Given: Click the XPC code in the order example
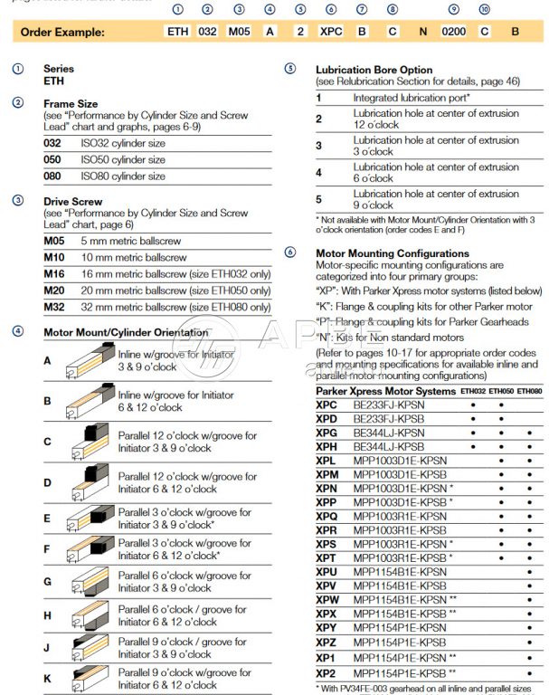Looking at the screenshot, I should pyautogui.click(x=331, y=31).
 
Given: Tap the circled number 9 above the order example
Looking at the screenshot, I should pyautogui.click(x=452, y=9).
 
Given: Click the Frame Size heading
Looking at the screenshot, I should pyautogui.click(x=71, y=104).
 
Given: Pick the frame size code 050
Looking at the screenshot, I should pyautogui.click(x=54, y=160).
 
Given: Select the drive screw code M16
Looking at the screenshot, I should pyautogui.click(x=56, y=274).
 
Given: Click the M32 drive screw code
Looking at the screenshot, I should pyautogui.click(x=56, y=307).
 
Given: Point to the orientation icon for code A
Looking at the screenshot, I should pyautogui.click(x=90, y=360).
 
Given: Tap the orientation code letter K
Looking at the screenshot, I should pyautogui.click(x=47, y=679).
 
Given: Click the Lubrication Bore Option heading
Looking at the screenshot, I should pyautogui.click(x=374, y=70).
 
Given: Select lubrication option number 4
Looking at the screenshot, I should pyautogui.click(x=318, y=172).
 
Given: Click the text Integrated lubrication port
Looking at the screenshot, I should pyautogui.click(x=411, y=97).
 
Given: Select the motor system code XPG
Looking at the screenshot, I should pyautogui.click(x=327, y=433).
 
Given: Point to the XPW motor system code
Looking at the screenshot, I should pyautogui.click(x=327, y=599).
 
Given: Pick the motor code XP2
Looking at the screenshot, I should pyautogui.click(x=326, y=674).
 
